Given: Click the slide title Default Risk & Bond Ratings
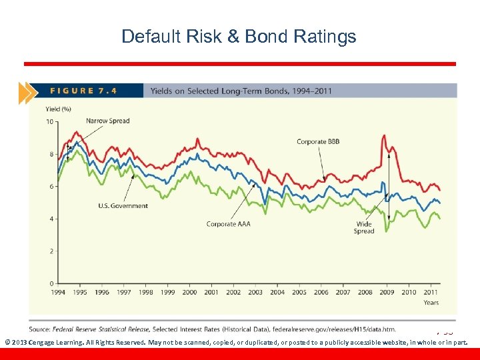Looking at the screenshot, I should (x=239, y=36).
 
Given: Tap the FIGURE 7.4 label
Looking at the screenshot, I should (x=84, y=91).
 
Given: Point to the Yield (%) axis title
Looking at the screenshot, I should (x=59, y=109).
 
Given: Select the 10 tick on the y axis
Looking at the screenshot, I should (x=49, y=122).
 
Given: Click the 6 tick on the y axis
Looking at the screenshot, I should (x=51, y=187).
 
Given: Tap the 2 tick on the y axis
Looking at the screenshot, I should (x=51, y=251).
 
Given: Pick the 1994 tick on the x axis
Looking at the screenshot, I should (x=58, y=292).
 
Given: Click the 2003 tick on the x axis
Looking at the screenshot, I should (x=255, y=292).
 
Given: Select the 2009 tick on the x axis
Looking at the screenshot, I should (x=387, y=292).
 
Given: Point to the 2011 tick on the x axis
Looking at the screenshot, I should (x=431, y=292).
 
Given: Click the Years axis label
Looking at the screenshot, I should (x=431, y=303).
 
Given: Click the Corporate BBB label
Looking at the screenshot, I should (x=317, y=141).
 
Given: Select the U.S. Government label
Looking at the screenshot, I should (x=123, y=206).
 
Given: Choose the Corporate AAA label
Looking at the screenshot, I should (x=228, y=224).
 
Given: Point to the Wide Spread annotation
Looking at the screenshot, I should (x=364, y=228).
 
